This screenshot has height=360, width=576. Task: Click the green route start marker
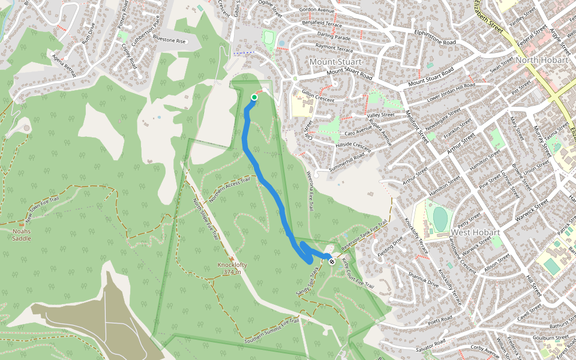[254, 97]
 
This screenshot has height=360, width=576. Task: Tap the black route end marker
[331, 260]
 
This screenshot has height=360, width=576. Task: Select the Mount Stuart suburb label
[335, 62]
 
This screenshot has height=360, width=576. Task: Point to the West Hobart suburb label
[475, 232]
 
